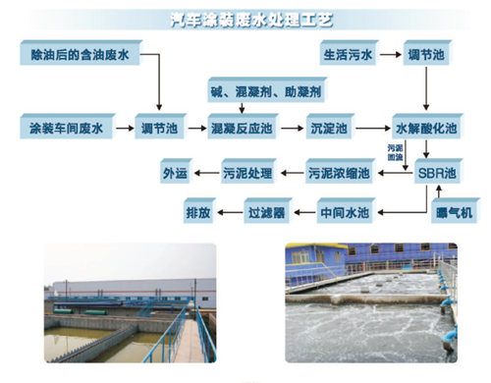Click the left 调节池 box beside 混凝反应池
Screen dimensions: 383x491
159,127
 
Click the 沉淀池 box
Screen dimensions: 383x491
328,127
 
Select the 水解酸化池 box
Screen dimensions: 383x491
425,127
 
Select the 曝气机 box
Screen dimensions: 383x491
453,211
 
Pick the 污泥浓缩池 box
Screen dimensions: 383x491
338,173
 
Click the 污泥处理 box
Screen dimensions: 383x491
245,173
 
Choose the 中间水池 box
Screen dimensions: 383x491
344,211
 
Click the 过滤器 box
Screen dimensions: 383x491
265,211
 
